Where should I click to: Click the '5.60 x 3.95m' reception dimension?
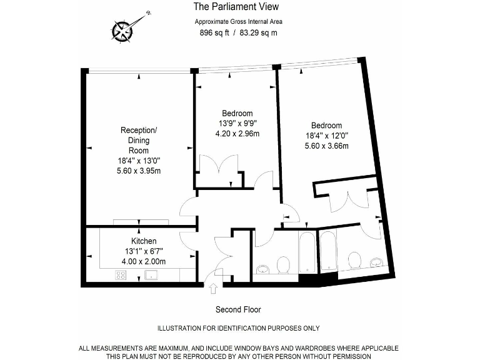[139, 171]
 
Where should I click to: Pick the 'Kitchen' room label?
[144, 241]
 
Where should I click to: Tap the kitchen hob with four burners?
[121, 275]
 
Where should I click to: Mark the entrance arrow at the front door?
[213, 288]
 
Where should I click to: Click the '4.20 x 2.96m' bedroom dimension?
[237, 133]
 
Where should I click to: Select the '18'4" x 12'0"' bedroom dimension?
[327, 135]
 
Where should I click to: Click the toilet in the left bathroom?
[283, 264]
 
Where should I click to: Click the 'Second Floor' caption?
[238, 309]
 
